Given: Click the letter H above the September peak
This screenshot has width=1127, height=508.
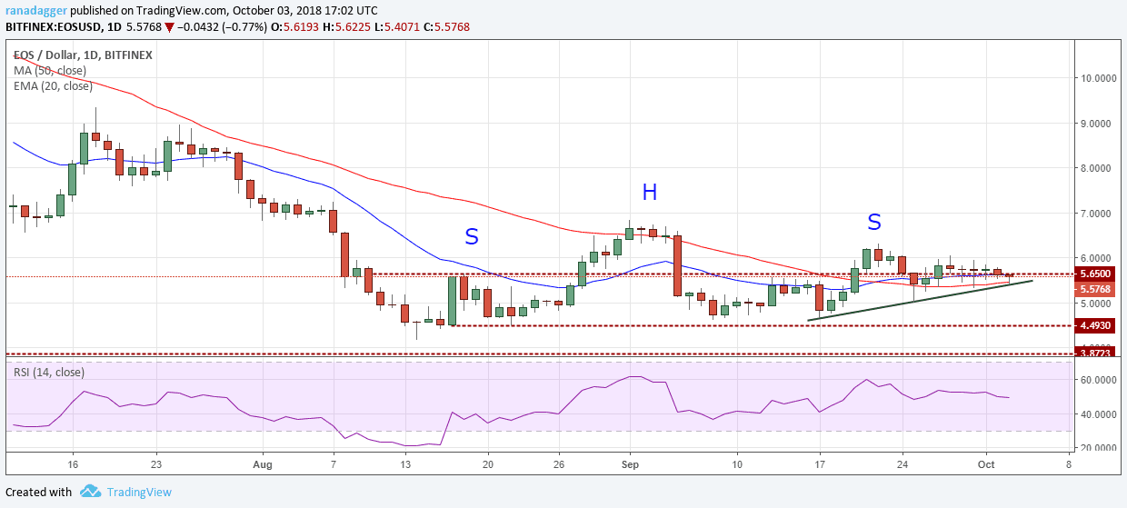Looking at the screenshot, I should point(649,192).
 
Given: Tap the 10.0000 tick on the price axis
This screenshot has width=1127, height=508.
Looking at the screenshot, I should point(1098,78).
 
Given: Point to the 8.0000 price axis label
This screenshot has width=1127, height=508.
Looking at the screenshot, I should point(1098,168).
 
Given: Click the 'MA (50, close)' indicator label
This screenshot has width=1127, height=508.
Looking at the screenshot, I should point(50,70).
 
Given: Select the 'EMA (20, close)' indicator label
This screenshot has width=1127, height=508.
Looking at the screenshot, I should point(53,86).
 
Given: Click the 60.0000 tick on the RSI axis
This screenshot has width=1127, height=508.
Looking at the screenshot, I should point(1098,380).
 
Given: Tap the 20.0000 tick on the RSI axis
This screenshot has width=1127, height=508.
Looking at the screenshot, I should point(1098,448).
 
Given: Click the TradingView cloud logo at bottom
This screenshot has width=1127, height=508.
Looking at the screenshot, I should point(90,492).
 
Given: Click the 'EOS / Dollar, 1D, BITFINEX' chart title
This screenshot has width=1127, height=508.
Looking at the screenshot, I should point(82,55).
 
